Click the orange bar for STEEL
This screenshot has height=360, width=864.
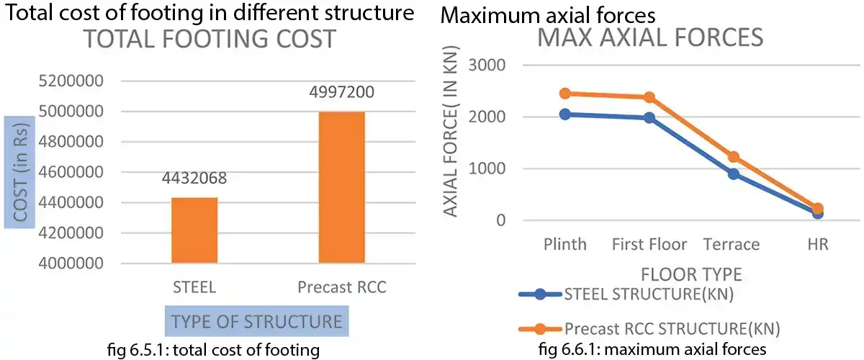[194, 230]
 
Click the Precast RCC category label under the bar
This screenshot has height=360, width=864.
[342, 287]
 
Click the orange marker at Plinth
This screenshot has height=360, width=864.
[565, 94]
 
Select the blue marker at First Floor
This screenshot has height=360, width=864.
[649, 117]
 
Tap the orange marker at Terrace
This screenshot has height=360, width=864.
[733, 157]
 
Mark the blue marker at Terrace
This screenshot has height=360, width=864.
[733, 174]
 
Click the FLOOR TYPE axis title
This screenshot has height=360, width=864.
[691, 274]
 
